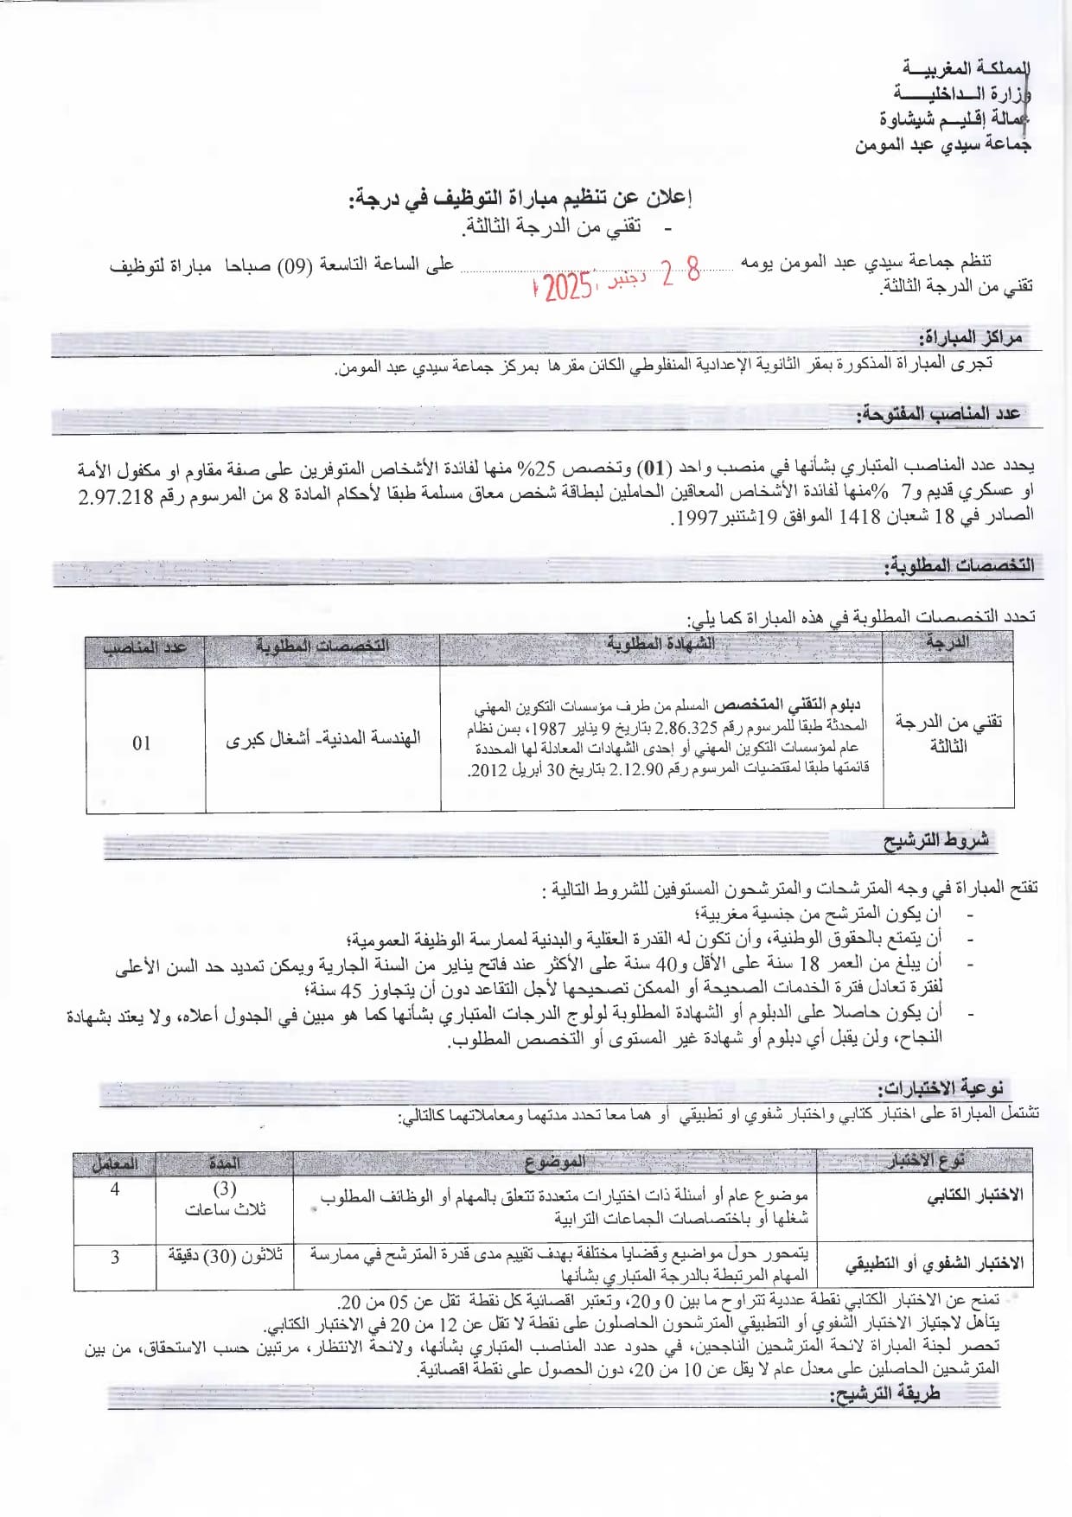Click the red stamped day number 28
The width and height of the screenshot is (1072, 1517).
coord(680,273)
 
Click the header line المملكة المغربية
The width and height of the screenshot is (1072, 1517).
coord(966,67)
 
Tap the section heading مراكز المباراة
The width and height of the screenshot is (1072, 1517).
coord(970,337)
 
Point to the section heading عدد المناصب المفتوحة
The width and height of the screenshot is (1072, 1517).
coord(938,414)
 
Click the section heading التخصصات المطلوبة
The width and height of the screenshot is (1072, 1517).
coord(958,566)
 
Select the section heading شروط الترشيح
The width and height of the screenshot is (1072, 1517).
coord(935,840)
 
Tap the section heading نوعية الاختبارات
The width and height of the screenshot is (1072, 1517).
coord(940,1088)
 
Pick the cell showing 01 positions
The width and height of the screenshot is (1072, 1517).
coord(142,743)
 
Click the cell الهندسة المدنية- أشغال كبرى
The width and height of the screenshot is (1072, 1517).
coord(322,739)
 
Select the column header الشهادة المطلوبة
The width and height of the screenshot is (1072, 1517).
coord(660,645)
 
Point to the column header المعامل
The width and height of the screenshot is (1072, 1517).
coord(115,1163)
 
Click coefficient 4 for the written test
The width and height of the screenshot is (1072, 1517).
coord(115,1189)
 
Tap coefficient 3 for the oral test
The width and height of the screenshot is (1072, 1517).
coord(115,1258)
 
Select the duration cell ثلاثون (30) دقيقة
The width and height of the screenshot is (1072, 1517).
coord(225,1256)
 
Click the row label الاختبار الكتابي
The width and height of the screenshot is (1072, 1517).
coord(974,1195)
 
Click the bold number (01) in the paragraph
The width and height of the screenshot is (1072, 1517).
coord(654,468)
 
